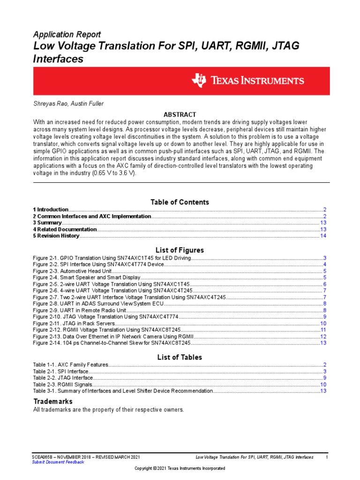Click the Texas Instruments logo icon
(x=198, y=81)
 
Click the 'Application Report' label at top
(x=67, y=34)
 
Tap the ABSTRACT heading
(x=180, y=115)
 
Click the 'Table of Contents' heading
(x=180, y=202)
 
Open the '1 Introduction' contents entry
(x=51, y=210)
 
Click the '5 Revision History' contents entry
(x=56, y=236)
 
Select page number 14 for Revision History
(x=323, y=236)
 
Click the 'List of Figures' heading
(x=180, y=250)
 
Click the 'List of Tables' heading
(x=180, y=357)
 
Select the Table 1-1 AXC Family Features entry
(x=70, y=365)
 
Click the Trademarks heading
(x=52, y=402)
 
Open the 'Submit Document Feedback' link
(x=58, y=462)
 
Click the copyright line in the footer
(x=180, y=468)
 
